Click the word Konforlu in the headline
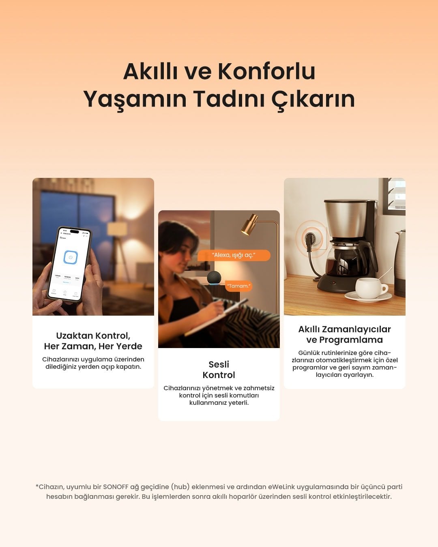pyautogui.click(x=266, y=71)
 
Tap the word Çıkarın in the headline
pyautogui.click(x=313, y=99)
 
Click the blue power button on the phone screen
pyautogui.click(x=71, y=258)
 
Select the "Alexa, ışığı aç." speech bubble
pyautogui.click(x=234, y=255)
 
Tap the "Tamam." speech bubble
pyautogui.click(x=239, y=286)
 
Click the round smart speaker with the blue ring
pyautogui.click(x=214, y=278)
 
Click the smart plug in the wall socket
pyautogui.click(x=310, y=237)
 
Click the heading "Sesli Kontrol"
pyautogui.click(x=219, y=370)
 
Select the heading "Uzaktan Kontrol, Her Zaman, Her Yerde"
pyautogui.click(x=93, y=341)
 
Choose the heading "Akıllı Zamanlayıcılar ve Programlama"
pyautogui.click(x=345, y=334)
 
